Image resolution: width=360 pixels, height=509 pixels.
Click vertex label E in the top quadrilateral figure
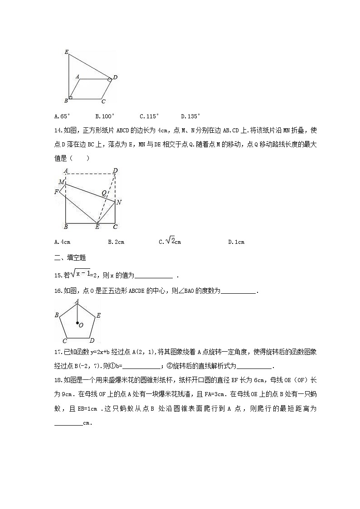[x=66, y=53]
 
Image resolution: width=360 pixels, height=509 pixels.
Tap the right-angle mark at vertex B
[x=70, y=97]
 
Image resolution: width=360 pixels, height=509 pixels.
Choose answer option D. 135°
[x=190, y=116]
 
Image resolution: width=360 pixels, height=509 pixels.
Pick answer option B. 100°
[x=105, y=116]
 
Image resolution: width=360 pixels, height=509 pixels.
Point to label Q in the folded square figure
[x=103, y=193]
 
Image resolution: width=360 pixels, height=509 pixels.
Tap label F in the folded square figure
[x=56, y=192]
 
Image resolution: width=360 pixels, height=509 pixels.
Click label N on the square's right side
[x=119, y=202]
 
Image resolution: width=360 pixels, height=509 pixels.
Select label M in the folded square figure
[x=61, y=182]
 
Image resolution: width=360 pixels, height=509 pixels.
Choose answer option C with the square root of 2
[x=170, y=242]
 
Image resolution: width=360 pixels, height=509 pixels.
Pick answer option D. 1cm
[x=236, y=242]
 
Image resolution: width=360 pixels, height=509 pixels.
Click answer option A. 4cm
[x=62, y=242]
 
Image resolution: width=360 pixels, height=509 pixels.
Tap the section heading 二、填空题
[x=70, y=258]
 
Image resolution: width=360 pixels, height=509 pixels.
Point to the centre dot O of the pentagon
[x=77, y=323]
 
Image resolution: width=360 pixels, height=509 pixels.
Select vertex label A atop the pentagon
[x=77, y=301]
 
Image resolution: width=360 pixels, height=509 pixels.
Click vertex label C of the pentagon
[x=64, y=341]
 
